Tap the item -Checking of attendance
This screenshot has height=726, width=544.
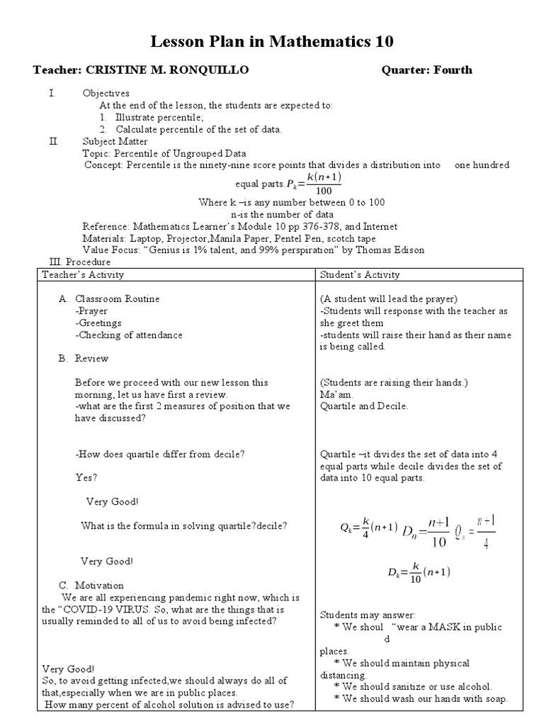point(129,335)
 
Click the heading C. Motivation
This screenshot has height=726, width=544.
point(91,585)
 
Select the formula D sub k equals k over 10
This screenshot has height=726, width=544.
point(419,572)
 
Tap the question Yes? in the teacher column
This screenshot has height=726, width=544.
point(86,477)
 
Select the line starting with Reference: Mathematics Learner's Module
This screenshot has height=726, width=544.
point(239,226)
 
